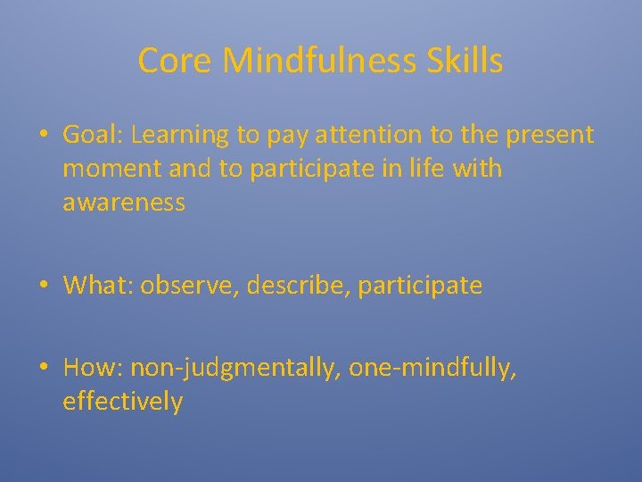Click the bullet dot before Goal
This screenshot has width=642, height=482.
(44, 135)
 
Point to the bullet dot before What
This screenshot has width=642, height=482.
(44, 286)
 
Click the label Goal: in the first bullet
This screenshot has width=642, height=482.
(93, 135)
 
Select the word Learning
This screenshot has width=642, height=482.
(185, 135)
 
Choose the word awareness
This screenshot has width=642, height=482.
(124, 203)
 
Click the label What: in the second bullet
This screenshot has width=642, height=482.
(98, 286)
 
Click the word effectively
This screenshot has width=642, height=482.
(123, 403)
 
